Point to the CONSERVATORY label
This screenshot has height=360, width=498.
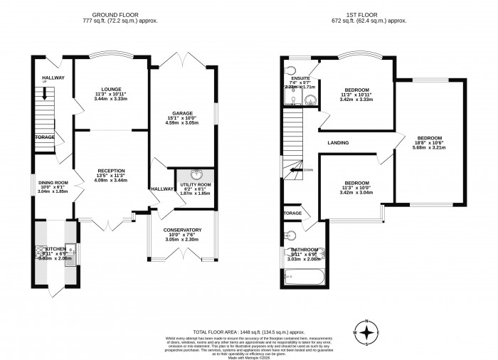pos(183,230)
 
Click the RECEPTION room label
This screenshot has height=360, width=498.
pos(111,171)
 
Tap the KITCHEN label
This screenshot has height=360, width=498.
pos(55,249)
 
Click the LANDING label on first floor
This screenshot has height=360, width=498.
pos(338,143)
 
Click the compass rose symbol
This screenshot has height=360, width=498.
pos(366,332)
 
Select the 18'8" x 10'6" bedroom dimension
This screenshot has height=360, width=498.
pos(430,144)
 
